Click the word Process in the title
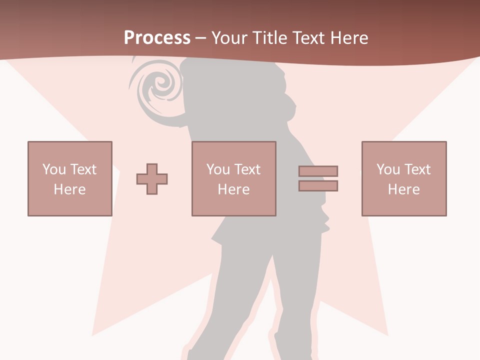coord(157,38)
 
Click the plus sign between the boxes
coord(152,178)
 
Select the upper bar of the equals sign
coord(318,171)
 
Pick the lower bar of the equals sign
coord(318,185)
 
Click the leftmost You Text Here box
coord(70,178)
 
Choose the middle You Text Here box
coord(233,178)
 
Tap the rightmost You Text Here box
coord(403,178)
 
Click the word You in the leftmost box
coord(54,169)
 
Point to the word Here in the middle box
coord(233,189)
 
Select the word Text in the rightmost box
coord(416,169)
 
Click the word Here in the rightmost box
coord(403,189)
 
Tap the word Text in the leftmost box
coord(82,169)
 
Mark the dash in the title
coord(201,38)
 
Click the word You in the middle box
coord(218,169)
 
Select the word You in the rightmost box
coord(388,169)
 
